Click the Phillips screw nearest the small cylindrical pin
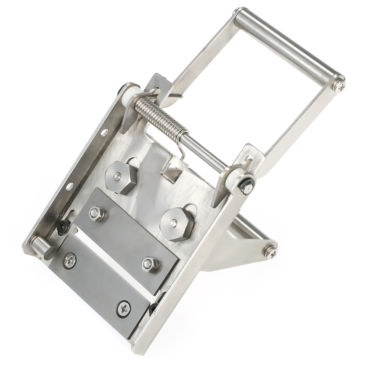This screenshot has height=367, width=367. tap(69, 261)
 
